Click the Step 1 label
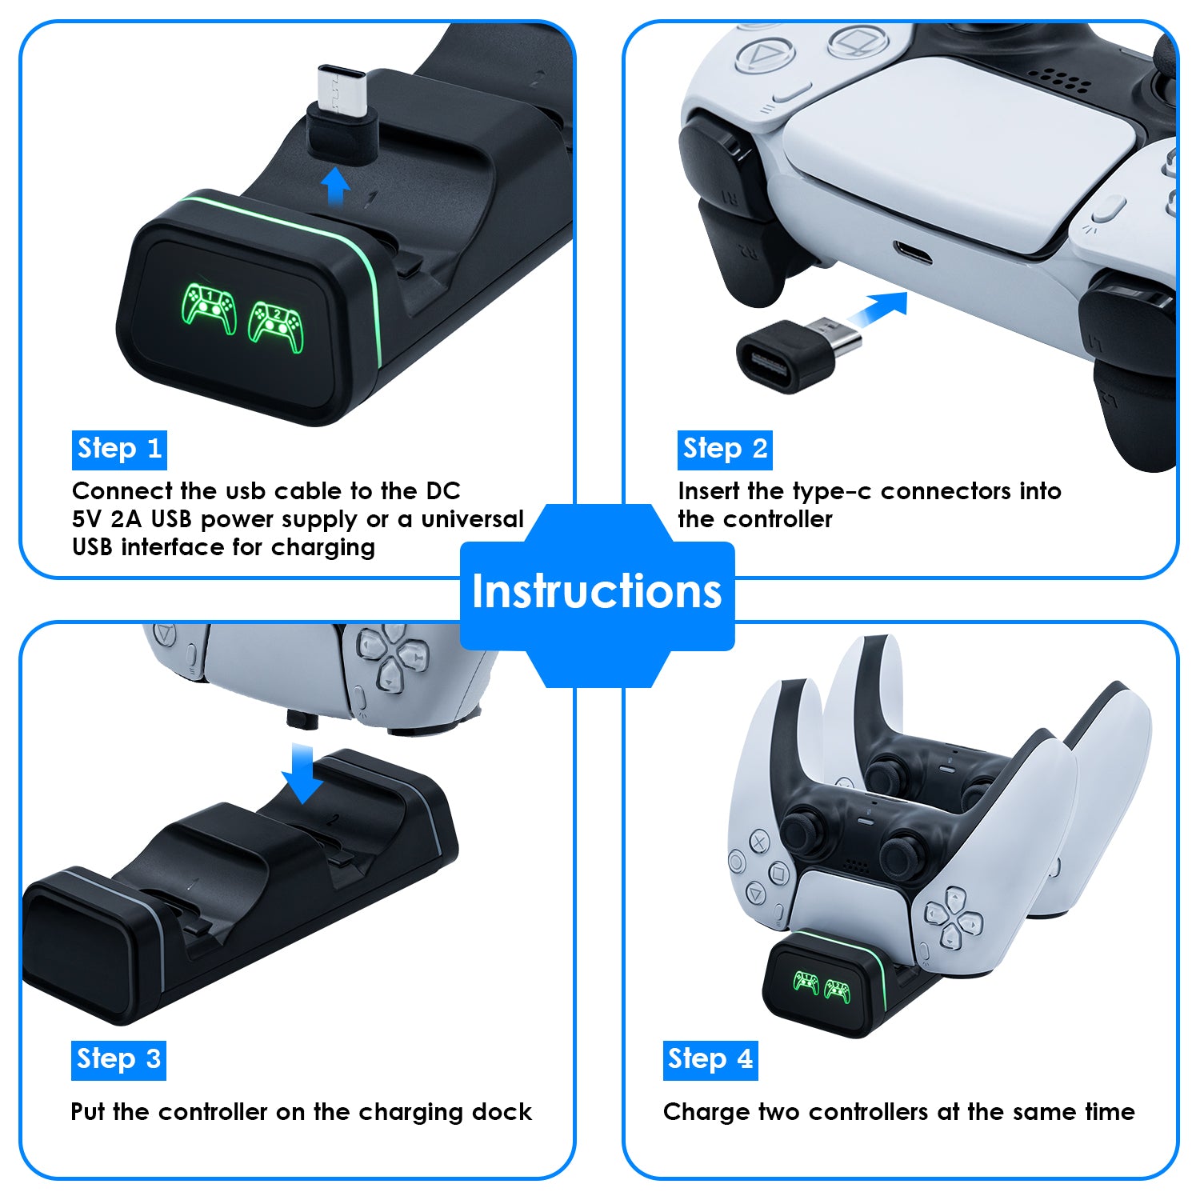point(119,450)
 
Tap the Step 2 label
point(725,450)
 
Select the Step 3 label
point(118,1060)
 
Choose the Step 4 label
point(710,1060)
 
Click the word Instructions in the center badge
point(597,591)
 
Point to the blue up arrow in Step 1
point(335,187)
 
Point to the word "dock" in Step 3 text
point(502,1111)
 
